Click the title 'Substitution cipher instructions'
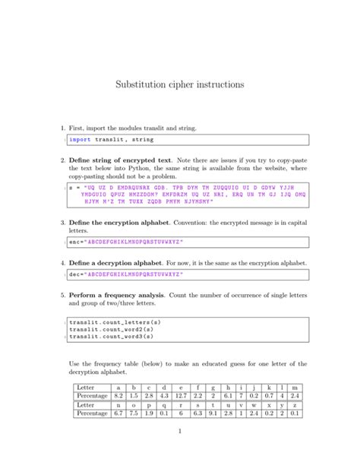click(179, 86)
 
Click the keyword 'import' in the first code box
click(79, 139)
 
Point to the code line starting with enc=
click(125, 243)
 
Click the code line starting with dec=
click(125, 274)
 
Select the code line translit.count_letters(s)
click(115, 322)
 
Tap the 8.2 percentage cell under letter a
click(118, 396)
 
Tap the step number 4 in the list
click(61, 262)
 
